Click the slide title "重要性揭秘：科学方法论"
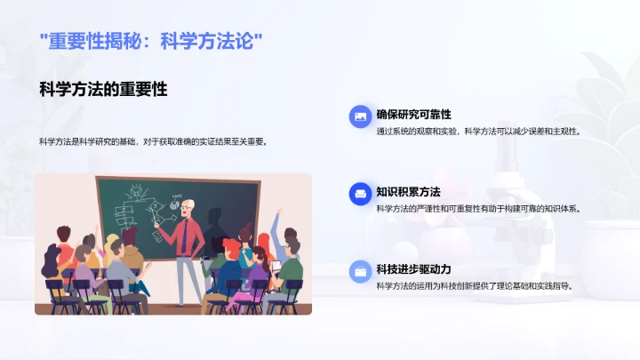pyautogui.click(x=151, y=41)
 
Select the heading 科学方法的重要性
pyautogui.click(x=104, y=89)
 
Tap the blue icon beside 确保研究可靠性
pyautogui.click(x=359, y=115)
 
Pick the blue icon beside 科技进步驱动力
pyautogui.click(x=359, y=269)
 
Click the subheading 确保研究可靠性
pyautogui.click(x=413, y=115)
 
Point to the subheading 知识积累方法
pyautogui.click(x=408, y=192)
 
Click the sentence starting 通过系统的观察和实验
pyautogui.click(x=477, y=132)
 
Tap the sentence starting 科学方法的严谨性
pyautogui.click(x=477, y=209)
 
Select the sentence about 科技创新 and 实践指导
pyautogui.click(x=475, y=286)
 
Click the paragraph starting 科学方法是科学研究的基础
pyautogui.click(x=153, y=141)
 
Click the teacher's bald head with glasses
pyautogui.click(x=188, y=207)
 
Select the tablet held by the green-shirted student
pyautogui.click(x=276, y=265)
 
